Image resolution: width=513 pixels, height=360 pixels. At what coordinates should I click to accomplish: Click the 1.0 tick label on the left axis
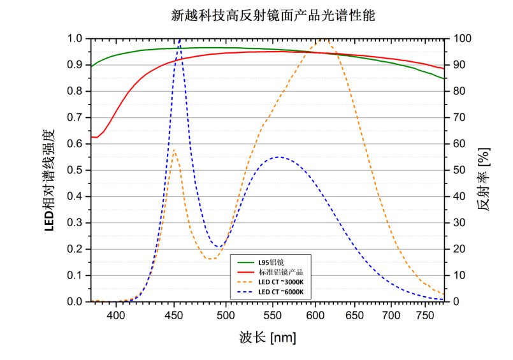tap(75, 39)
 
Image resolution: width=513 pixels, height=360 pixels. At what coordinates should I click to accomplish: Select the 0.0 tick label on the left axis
tap(75, 301)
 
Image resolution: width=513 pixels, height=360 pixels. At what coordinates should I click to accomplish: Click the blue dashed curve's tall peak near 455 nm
tap(180, 40)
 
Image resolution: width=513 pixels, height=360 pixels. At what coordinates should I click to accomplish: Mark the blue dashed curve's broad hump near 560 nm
tap(278, 157)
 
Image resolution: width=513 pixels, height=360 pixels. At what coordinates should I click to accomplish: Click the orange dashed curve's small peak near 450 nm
tap(174, 150)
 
